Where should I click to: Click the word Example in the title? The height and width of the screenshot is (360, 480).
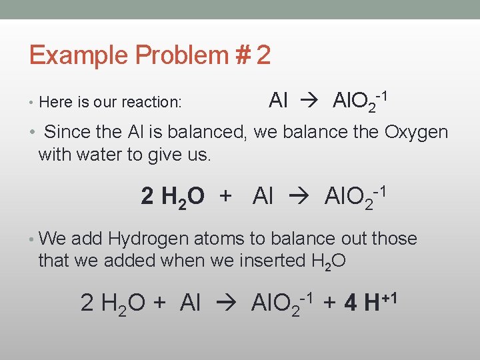70,55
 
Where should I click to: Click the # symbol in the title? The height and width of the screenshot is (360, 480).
240,55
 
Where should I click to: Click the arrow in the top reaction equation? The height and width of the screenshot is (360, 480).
311,101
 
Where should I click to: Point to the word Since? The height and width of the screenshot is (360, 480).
67,132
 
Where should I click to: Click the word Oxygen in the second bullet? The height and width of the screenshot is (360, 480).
416,132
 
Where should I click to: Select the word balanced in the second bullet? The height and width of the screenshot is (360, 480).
205,132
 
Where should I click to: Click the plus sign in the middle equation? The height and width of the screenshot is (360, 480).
226,197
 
